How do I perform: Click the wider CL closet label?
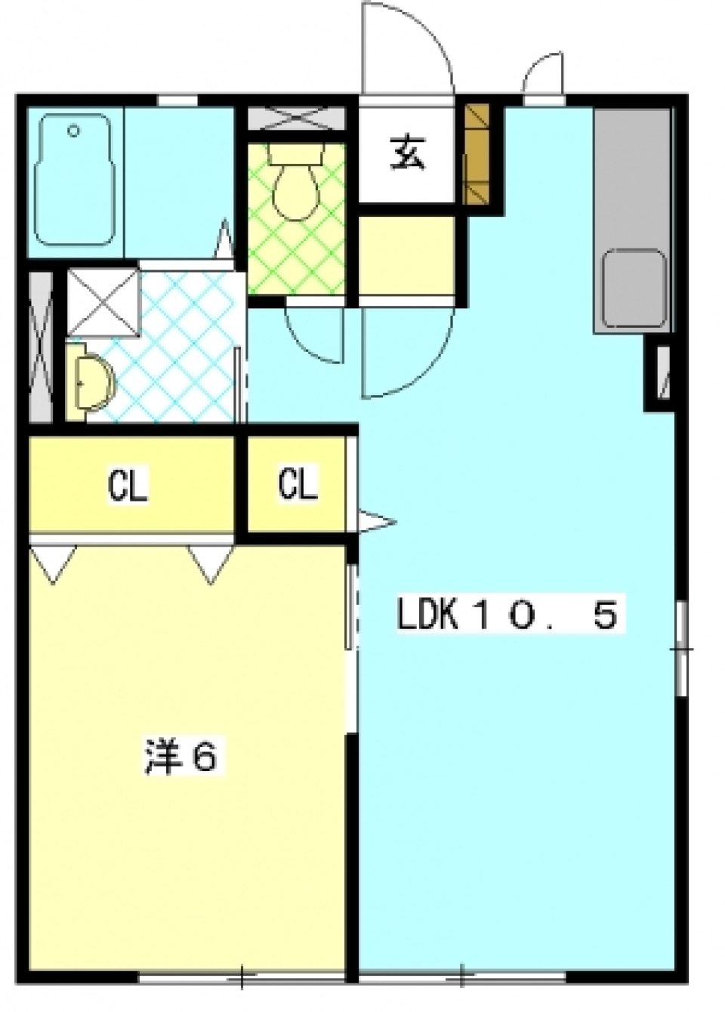coord(128,485)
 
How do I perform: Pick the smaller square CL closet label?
coord(298,483)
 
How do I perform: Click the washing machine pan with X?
coord(103,301)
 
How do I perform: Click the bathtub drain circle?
coord(73,131)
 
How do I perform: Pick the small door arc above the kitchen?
coord(544,72)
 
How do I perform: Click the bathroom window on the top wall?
coord(177,100)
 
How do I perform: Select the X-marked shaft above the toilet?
coord(296,118)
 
